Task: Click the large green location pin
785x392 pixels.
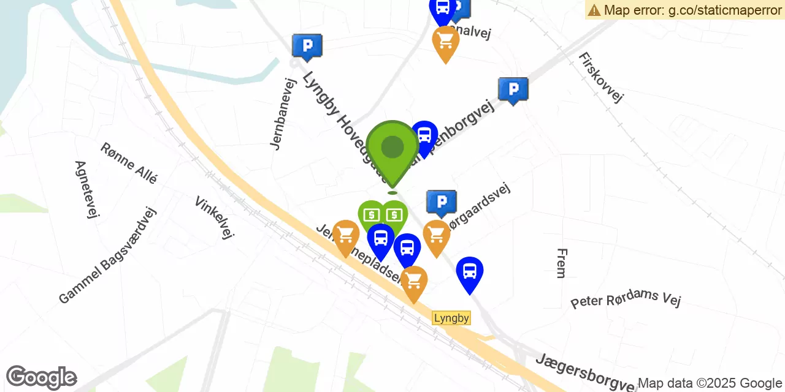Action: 392,150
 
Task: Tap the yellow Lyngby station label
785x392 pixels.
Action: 451,318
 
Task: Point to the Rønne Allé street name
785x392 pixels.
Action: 129,162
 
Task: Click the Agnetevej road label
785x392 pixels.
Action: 86,189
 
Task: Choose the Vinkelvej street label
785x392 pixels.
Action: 214,217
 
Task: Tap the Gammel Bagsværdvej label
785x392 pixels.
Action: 108,255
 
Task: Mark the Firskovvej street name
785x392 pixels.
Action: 600,77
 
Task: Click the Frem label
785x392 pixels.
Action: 561,263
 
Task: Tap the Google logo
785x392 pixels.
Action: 41,377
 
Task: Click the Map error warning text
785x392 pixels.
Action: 684,10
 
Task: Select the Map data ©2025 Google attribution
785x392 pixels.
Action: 710,383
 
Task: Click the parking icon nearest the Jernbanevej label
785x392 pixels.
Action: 307,45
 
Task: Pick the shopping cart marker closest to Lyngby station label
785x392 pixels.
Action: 414,282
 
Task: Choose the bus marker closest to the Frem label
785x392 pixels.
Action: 470,272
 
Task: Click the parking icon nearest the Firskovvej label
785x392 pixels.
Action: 513,89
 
